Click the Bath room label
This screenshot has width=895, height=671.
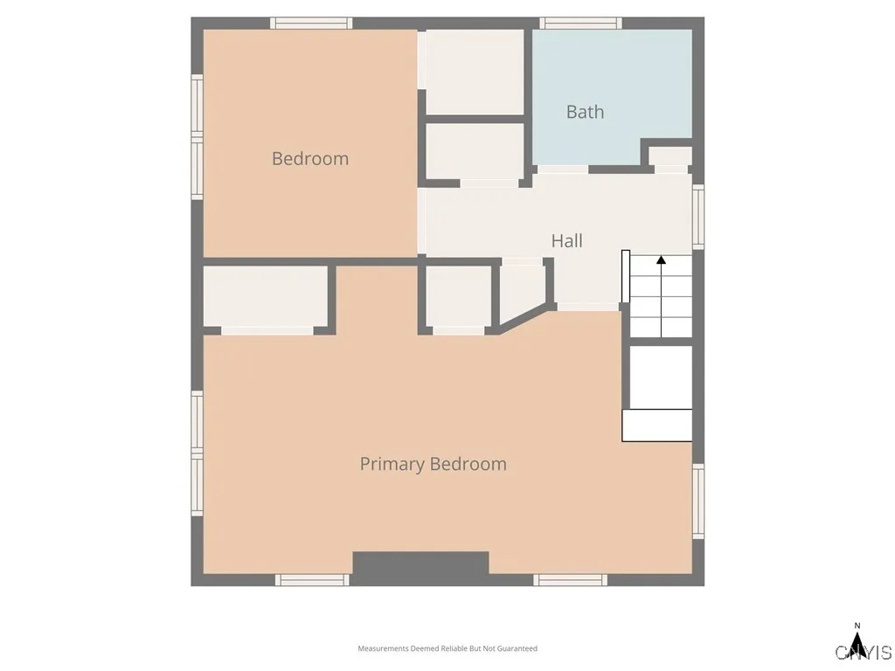coord(585,112)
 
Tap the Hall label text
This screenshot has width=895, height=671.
coord(566,241)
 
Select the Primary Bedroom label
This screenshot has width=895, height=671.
coord(433,464)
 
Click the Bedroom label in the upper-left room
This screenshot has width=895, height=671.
coord(309,159)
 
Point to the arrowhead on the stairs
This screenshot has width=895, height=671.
coord(662,259)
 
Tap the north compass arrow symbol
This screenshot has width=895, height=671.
coord(858,647)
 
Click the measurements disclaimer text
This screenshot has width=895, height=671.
coord(447,648)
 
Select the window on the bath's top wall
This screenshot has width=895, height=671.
coord(580,24)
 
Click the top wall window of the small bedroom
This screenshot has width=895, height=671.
coord(311,24)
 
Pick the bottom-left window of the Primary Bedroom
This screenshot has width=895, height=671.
coord(312,579)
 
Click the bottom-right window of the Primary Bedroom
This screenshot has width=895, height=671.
coord(571,579)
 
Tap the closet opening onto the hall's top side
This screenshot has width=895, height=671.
coord(475,151)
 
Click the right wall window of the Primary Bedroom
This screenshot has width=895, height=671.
coord(697,501)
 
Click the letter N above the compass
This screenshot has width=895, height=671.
coord(857,626)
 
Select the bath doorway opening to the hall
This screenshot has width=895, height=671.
coord(561,169)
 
